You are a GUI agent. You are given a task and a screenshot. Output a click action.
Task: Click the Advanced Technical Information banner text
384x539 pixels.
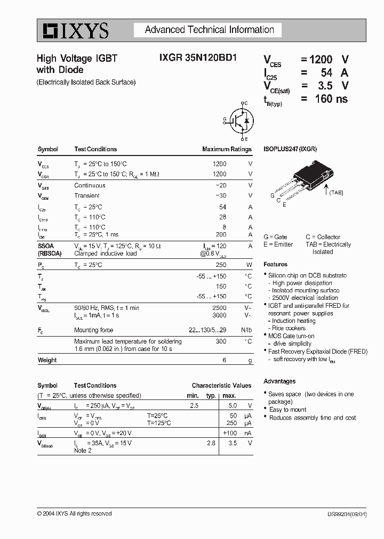pos(209,30)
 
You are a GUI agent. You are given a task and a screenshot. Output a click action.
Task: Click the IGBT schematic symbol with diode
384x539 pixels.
pos(239,121)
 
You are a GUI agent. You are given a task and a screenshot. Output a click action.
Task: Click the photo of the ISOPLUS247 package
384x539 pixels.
pos(303,178)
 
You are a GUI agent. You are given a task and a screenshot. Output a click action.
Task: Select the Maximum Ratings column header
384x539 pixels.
pos(227,149)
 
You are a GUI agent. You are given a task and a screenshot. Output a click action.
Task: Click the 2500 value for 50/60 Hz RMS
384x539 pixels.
pos(219,308)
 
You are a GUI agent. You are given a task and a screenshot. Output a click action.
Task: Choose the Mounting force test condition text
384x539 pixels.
pos(93,330)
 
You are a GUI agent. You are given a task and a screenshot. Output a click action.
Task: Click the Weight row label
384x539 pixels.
pos(47,360)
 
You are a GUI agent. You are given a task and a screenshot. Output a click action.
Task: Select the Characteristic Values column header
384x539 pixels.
pos(221,385)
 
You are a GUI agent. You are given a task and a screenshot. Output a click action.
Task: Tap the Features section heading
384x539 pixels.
pos(275,264)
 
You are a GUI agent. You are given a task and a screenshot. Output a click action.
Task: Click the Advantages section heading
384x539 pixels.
pos(279,381)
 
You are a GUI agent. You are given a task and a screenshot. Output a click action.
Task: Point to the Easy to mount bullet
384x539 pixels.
pos(287,410)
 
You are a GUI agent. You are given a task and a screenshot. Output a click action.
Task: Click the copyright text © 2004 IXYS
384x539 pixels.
pos(74,513)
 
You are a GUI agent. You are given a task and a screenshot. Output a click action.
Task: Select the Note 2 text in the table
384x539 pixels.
pos(83,451)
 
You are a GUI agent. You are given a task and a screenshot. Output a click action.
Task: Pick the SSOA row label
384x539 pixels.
pos(45,246)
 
